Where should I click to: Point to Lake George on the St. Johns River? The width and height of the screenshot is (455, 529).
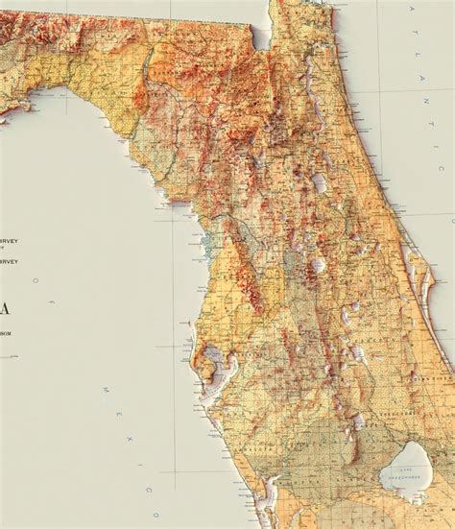319,180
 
